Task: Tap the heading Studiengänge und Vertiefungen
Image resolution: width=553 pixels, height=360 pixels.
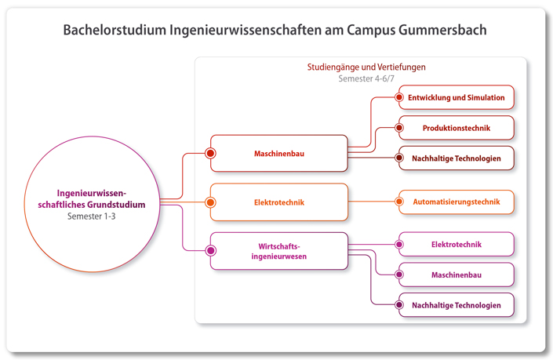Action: coord(366,67)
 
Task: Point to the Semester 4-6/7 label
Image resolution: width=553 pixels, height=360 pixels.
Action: coord(366,79)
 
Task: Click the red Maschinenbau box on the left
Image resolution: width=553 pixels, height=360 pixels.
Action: coord(279,153)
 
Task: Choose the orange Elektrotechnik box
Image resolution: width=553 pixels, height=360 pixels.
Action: coord(279,202)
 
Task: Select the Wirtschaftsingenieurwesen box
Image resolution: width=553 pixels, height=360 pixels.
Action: coord(279,250)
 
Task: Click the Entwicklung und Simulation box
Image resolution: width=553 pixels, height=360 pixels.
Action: coord(457,98)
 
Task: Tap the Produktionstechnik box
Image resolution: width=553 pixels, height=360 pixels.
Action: coord(457,128)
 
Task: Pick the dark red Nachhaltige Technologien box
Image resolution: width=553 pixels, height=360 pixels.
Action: coord(457,158)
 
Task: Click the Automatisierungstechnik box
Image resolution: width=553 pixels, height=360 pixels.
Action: coord(457,202)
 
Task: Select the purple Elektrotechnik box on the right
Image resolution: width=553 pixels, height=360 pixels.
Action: coord(457,245)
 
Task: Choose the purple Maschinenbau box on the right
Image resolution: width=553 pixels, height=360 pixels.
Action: coord(457,275)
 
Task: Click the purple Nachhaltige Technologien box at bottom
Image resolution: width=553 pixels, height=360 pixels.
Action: coord(457,305)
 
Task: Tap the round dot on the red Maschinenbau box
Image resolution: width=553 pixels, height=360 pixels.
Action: coord(210,153)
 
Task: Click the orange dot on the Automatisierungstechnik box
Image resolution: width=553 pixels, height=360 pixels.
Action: coord(399,202)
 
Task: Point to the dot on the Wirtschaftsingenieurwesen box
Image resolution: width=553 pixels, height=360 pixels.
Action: coord(210,251)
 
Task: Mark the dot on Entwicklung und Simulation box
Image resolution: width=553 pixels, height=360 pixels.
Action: coord(399,98)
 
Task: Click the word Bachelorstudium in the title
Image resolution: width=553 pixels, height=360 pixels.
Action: coord(113,31)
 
